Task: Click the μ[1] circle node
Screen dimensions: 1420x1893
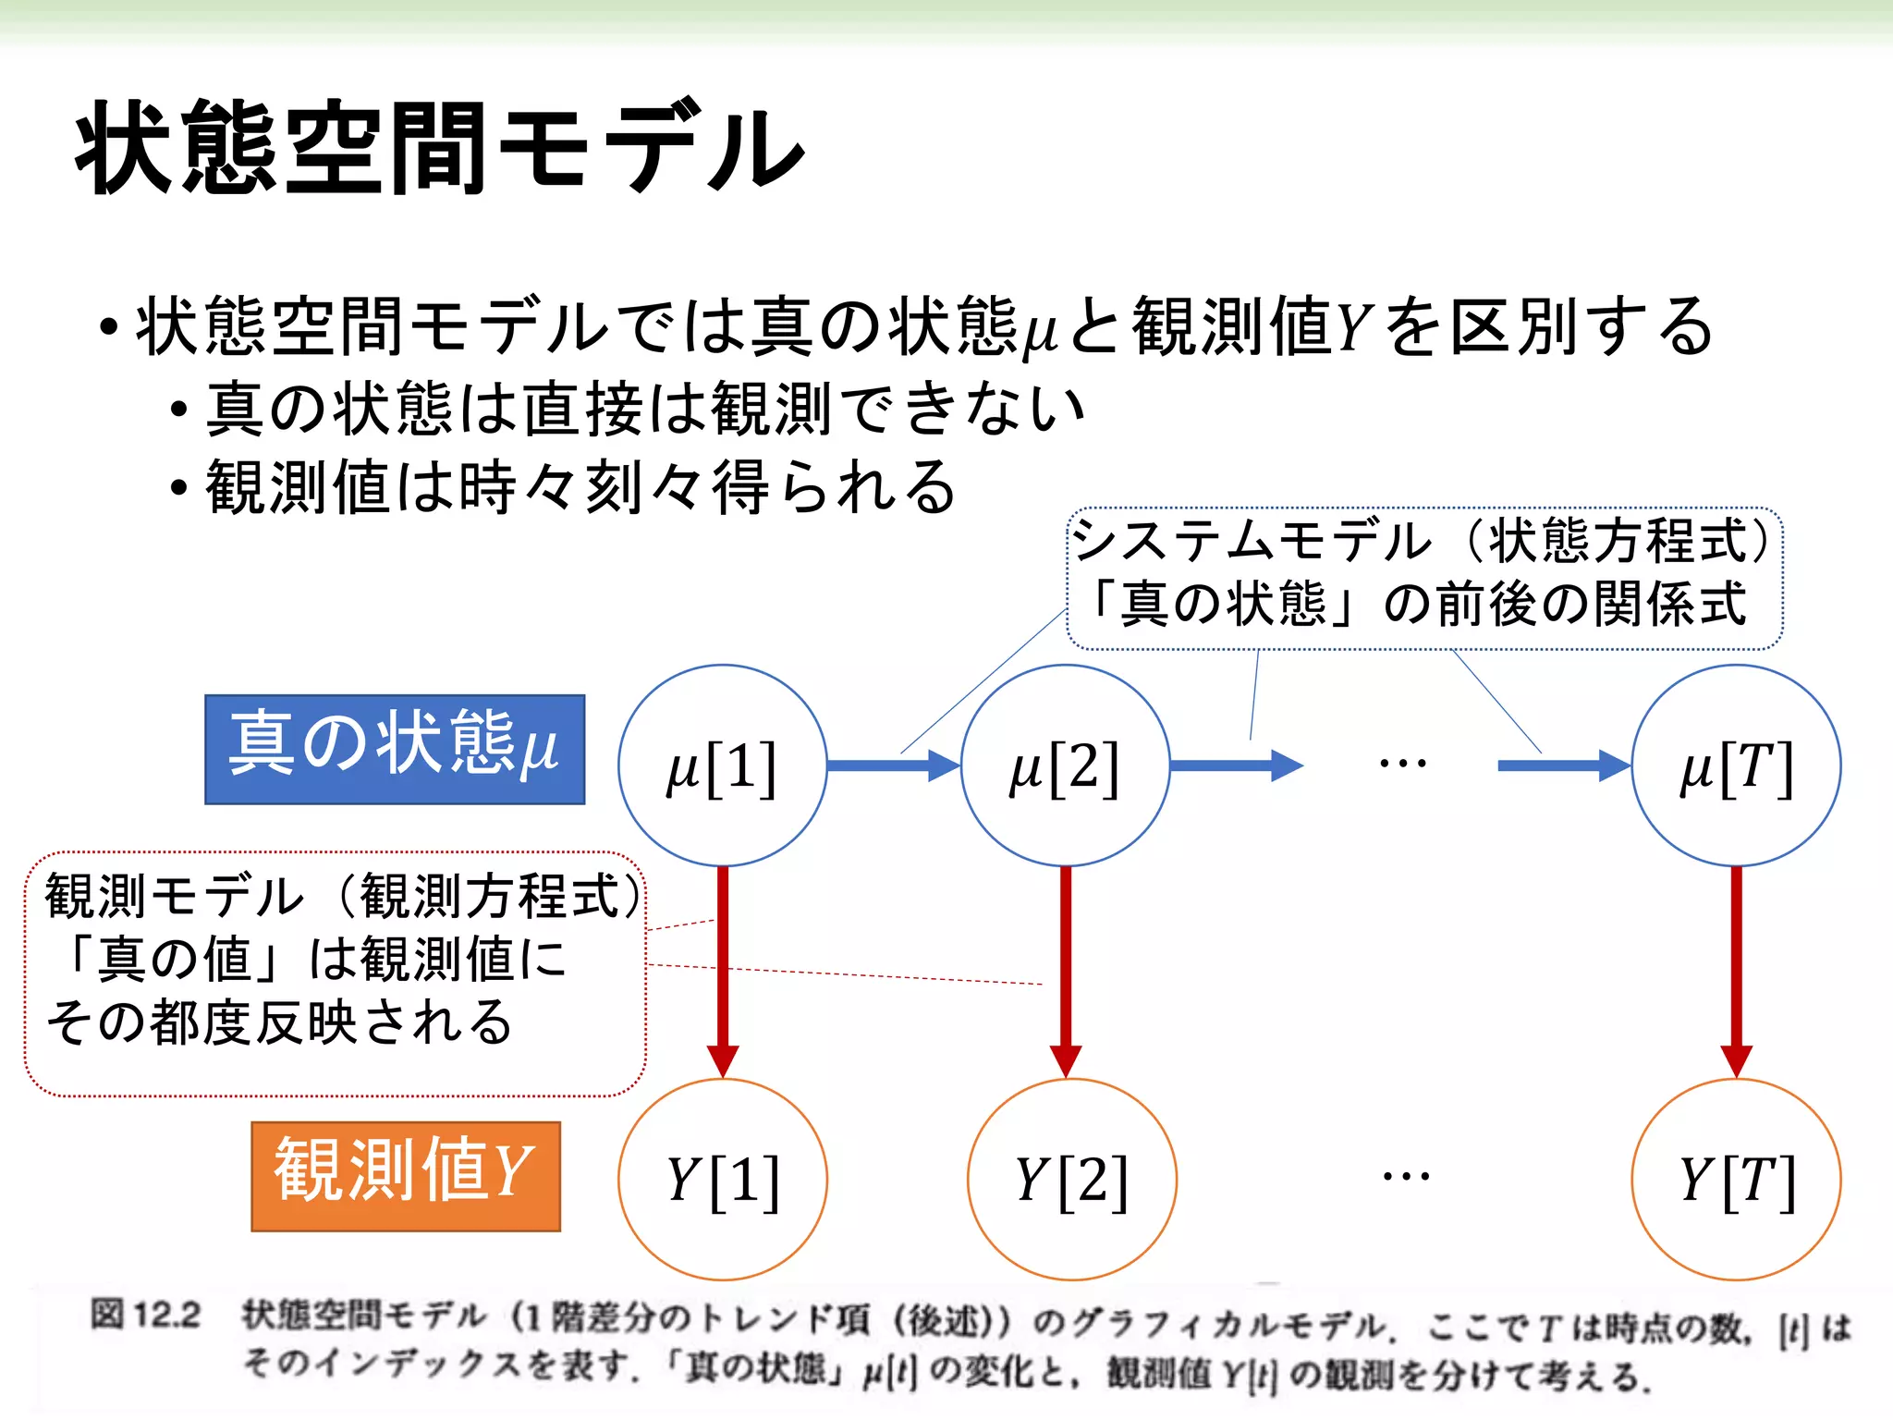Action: point(722,765)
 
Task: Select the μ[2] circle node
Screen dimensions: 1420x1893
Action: point(1065,765)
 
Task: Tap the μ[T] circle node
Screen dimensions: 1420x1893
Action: point(1736,765)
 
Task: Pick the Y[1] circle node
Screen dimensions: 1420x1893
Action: point(723,1179)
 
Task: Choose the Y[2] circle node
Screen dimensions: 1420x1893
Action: point(1071,1179)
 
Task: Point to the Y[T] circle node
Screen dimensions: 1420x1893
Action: point(1736,1179)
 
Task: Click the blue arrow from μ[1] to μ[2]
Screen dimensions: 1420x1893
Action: point(893,765)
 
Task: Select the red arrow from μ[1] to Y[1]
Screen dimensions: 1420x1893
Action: point(723,971)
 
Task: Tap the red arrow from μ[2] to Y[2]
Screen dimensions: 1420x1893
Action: point(1066,971)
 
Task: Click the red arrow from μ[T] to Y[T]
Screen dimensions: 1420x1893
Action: point(1736,971)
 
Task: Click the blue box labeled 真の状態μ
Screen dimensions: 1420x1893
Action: point(395,749)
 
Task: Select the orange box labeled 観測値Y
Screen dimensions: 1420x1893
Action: point(406,1176)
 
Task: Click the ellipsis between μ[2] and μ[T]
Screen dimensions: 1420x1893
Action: point(1402,764)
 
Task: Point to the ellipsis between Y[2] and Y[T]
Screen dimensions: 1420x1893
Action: point(1406,1177)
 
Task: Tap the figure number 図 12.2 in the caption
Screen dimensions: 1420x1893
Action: point(145,1315)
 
